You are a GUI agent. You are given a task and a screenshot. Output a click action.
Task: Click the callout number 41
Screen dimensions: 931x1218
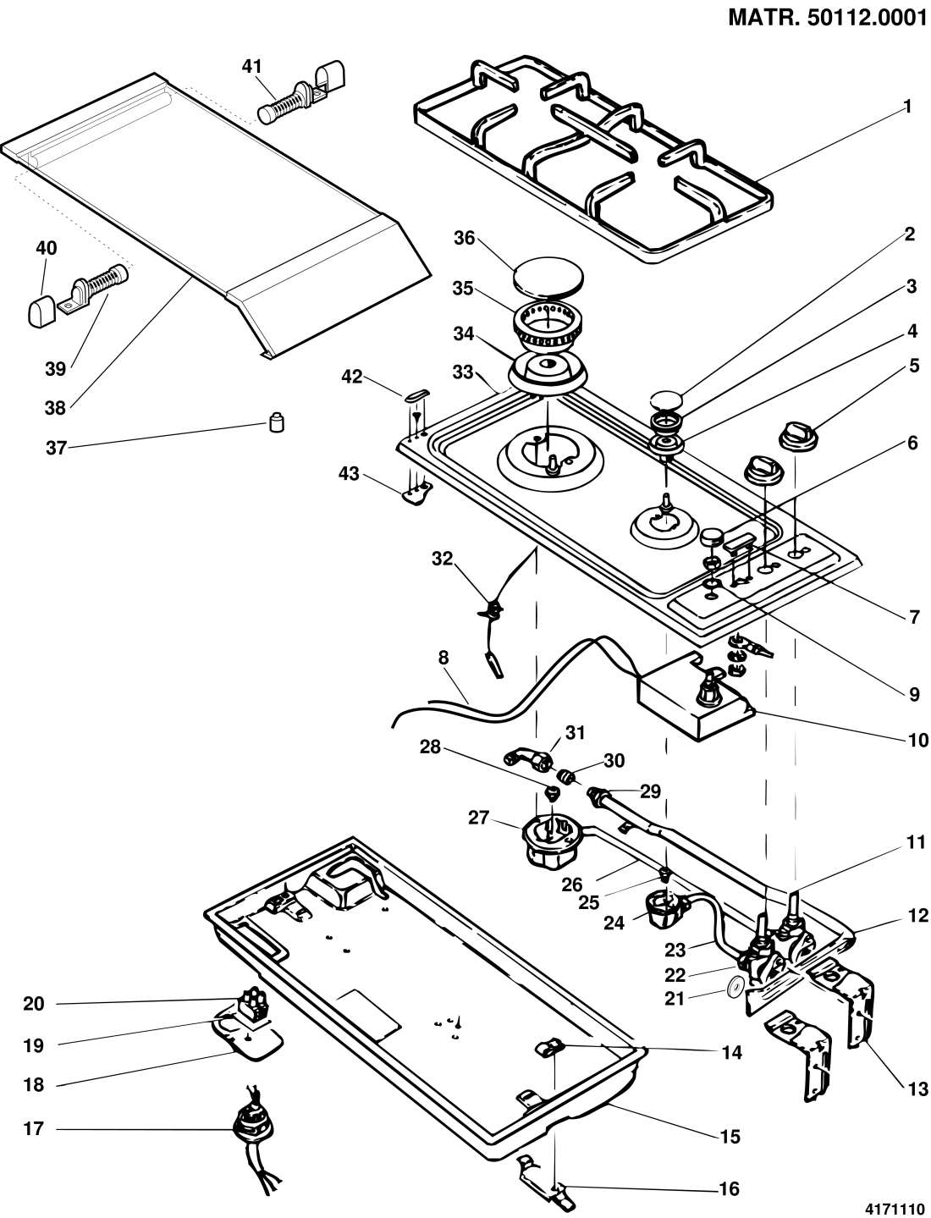(x=251, y=67)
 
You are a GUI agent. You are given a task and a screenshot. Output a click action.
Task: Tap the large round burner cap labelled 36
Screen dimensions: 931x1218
(x=548, y=275)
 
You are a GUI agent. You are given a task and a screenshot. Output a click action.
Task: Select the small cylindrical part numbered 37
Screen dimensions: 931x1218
(x=276, y=423)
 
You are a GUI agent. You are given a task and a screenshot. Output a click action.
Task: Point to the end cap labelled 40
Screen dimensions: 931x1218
(x=42, y=311)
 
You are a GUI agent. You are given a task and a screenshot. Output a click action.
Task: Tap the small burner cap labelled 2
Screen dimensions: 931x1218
(x=666, y=400)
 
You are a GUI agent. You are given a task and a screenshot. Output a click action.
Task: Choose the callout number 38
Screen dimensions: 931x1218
(x=56, y=409)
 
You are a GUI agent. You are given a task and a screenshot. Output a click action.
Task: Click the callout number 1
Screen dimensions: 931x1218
(x=907, y=107)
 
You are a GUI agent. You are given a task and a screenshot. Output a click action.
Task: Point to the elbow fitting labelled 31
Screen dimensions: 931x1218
(x=528, y=759)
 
